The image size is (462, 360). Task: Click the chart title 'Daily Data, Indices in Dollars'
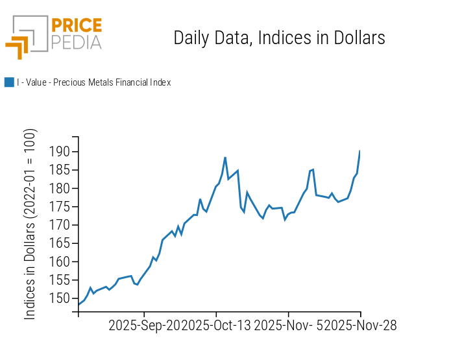[x=279, y=38]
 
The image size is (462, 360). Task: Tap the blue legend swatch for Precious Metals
[x=9, y=82]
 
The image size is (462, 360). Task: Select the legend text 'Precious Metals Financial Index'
[x=93, y=82]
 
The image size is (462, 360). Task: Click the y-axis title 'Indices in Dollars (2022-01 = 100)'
[x=30, y=224]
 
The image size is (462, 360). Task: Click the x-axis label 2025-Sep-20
[x=144, y=325]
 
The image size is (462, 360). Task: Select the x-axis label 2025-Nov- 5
[x=288, y=325]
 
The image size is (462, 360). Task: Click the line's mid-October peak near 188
[x=225, y=158]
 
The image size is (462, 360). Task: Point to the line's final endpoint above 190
[x=359, y=151]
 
